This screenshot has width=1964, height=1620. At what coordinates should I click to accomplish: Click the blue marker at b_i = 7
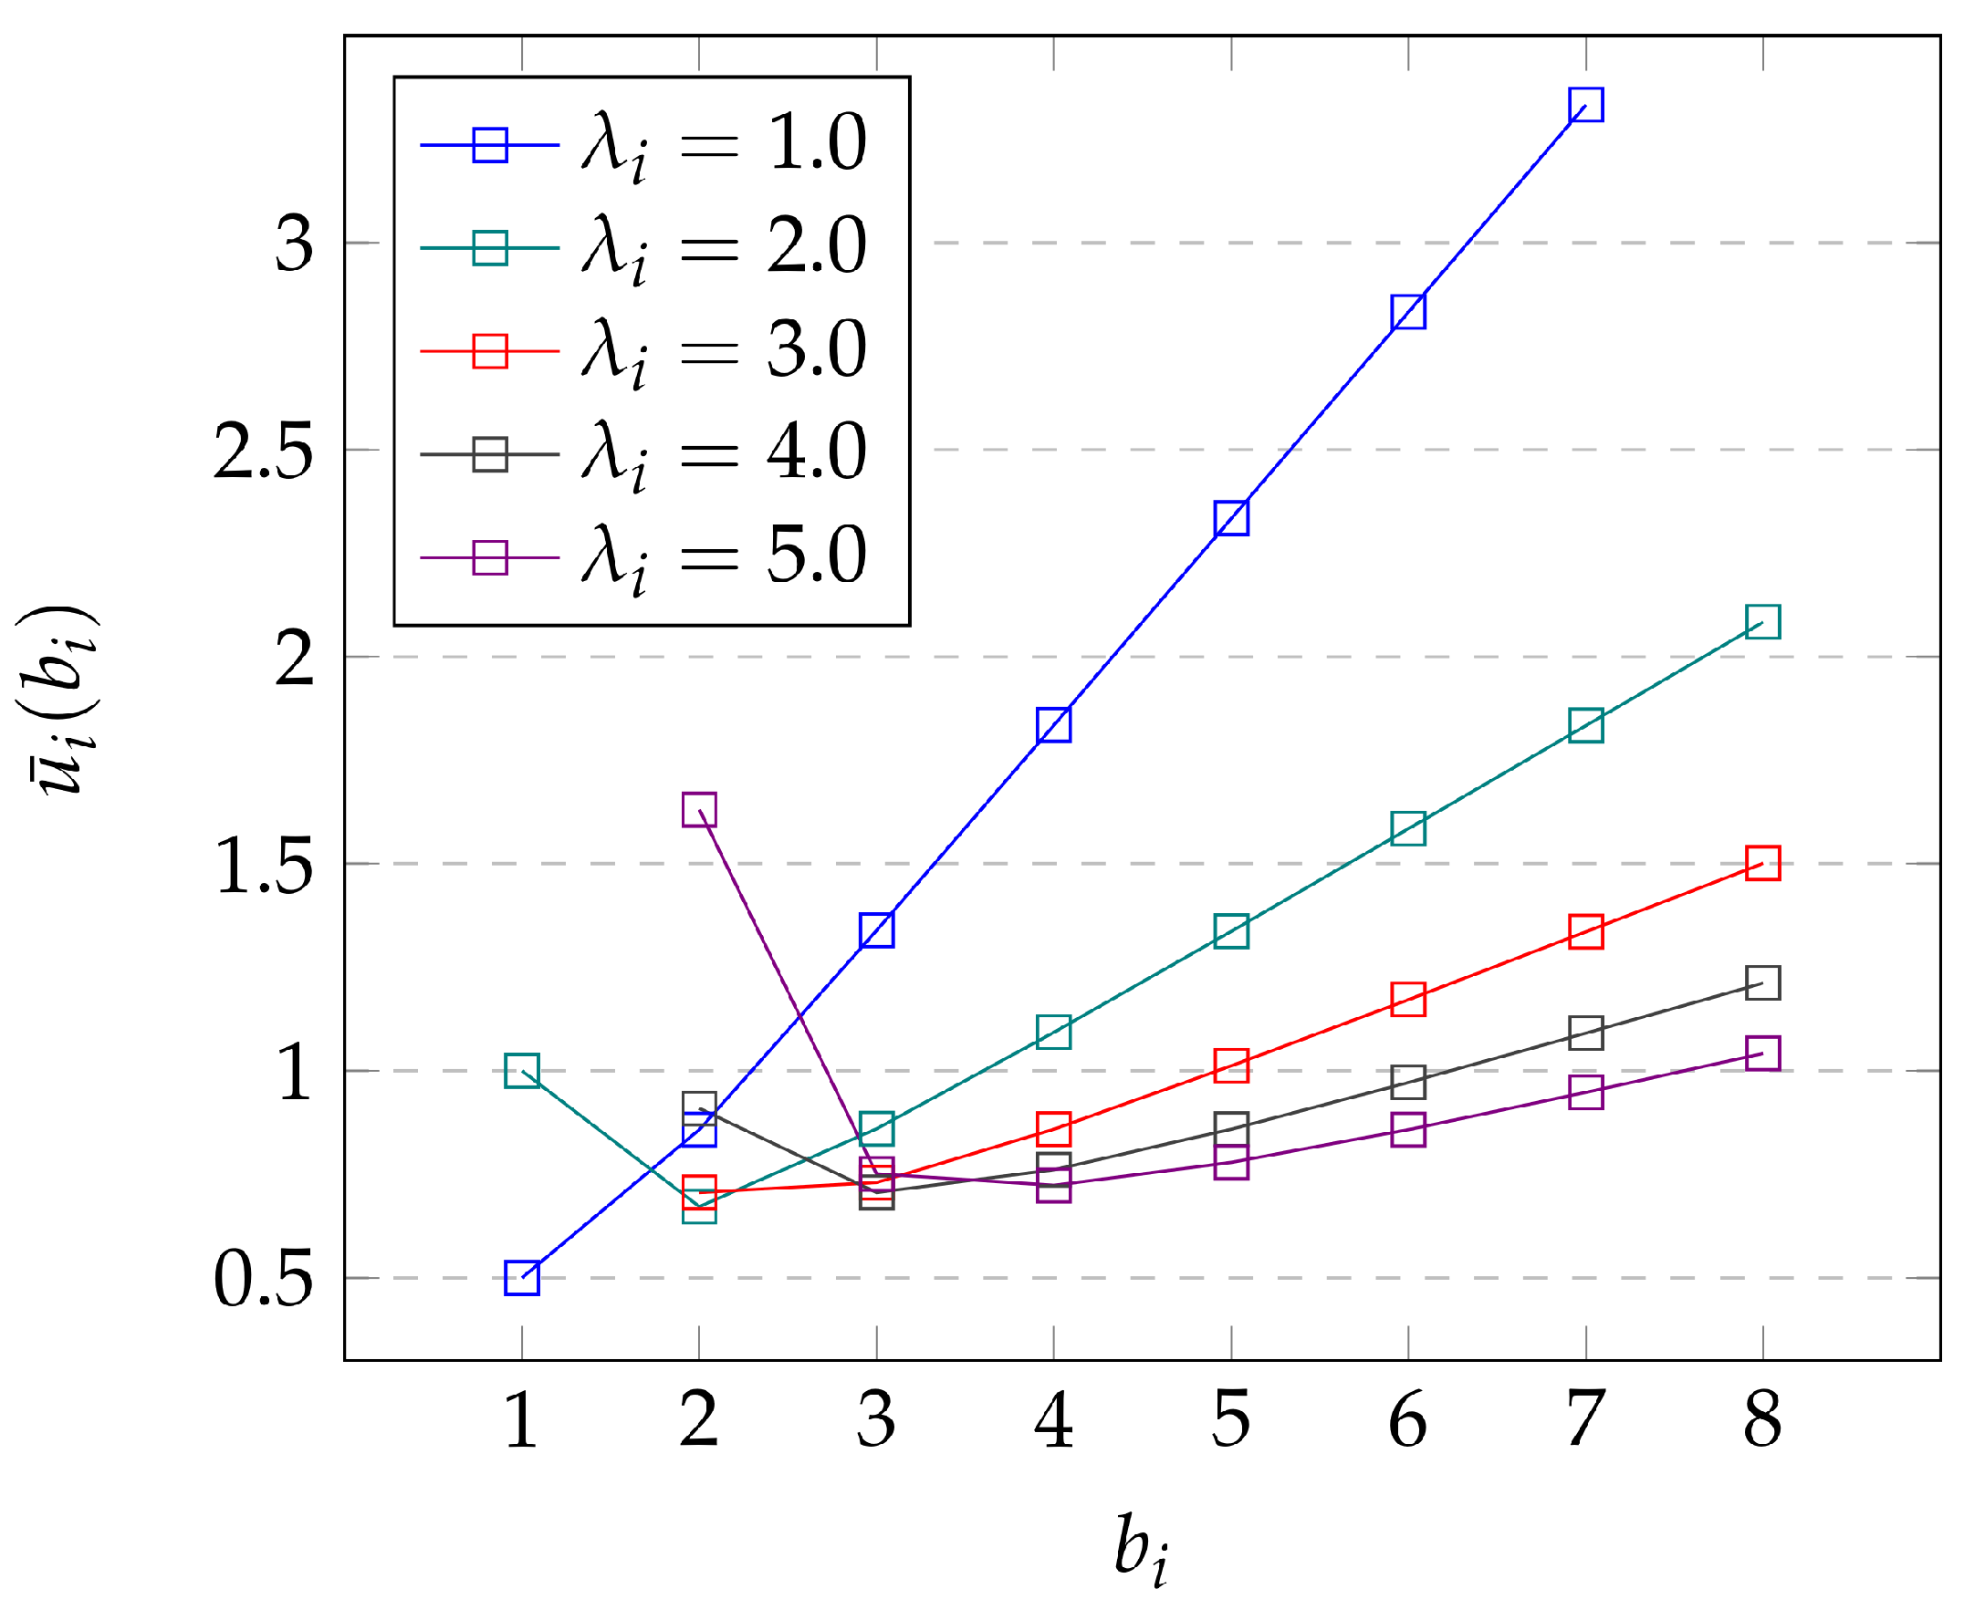1585,106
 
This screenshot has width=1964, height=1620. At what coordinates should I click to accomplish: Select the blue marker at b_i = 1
522,1278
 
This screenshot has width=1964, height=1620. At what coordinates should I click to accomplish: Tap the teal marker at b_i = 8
1762,621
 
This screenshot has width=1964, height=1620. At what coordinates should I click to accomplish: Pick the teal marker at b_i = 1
522,1071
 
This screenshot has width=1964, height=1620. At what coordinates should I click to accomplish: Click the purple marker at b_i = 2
699,809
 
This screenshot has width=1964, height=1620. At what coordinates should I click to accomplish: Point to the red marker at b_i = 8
1762,863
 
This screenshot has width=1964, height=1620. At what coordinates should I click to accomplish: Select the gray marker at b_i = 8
1762,982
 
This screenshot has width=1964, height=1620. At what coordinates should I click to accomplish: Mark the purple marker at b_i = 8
1762,1054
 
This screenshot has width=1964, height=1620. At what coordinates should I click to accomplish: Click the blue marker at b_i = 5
1231,518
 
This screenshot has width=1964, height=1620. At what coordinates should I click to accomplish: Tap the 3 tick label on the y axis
294,244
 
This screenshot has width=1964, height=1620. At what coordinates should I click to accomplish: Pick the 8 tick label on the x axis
1762,1419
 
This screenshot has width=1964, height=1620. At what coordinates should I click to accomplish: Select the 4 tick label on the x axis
1054,1419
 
